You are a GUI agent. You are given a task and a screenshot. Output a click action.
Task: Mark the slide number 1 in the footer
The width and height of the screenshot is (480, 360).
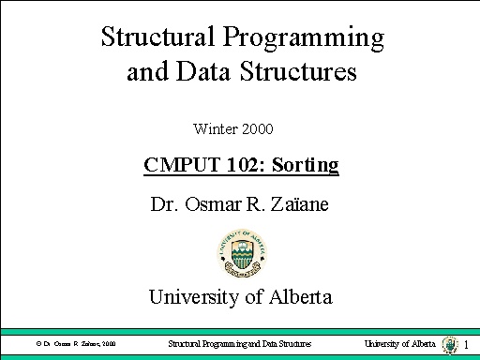[x=466, y=346]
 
